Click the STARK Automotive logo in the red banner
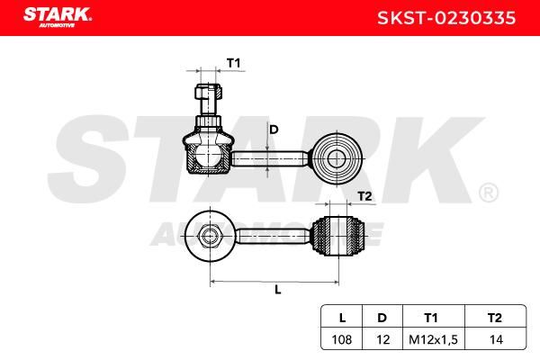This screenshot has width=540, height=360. pos(58,17)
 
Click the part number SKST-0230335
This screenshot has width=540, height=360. pos(446,18)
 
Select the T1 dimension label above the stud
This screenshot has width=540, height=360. pos(233,63)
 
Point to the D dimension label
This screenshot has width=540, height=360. pos(274,130)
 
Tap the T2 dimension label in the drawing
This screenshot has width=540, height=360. pos(365,196)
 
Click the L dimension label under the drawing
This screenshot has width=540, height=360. pos(278,290)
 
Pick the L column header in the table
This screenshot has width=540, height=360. pos(342,318)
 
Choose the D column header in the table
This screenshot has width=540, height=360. pos(382,318)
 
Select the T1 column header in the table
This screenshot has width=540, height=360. pos(431,318)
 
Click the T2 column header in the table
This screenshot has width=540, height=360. pos(495,318)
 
